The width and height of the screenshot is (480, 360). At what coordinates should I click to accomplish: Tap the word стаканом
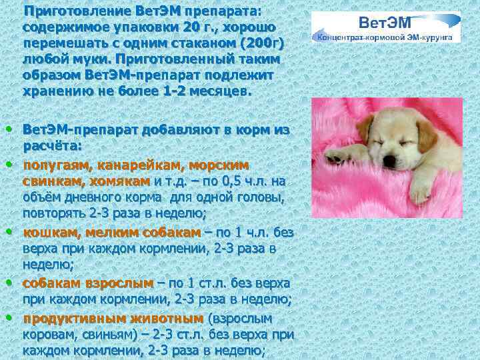(x=201, y=43)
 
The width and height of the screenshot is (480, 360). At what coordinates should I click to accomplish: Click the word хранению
(x=55, y=89)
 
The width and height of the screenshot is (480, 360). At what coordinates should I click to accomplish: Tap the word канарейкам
(x=141, y=164)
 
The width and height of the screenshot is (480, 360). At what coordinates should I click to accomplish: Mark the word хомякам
(x=121, y=181)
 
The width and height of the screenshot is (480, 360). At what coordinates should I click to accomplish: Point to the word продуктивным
(x=66, y=319)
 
